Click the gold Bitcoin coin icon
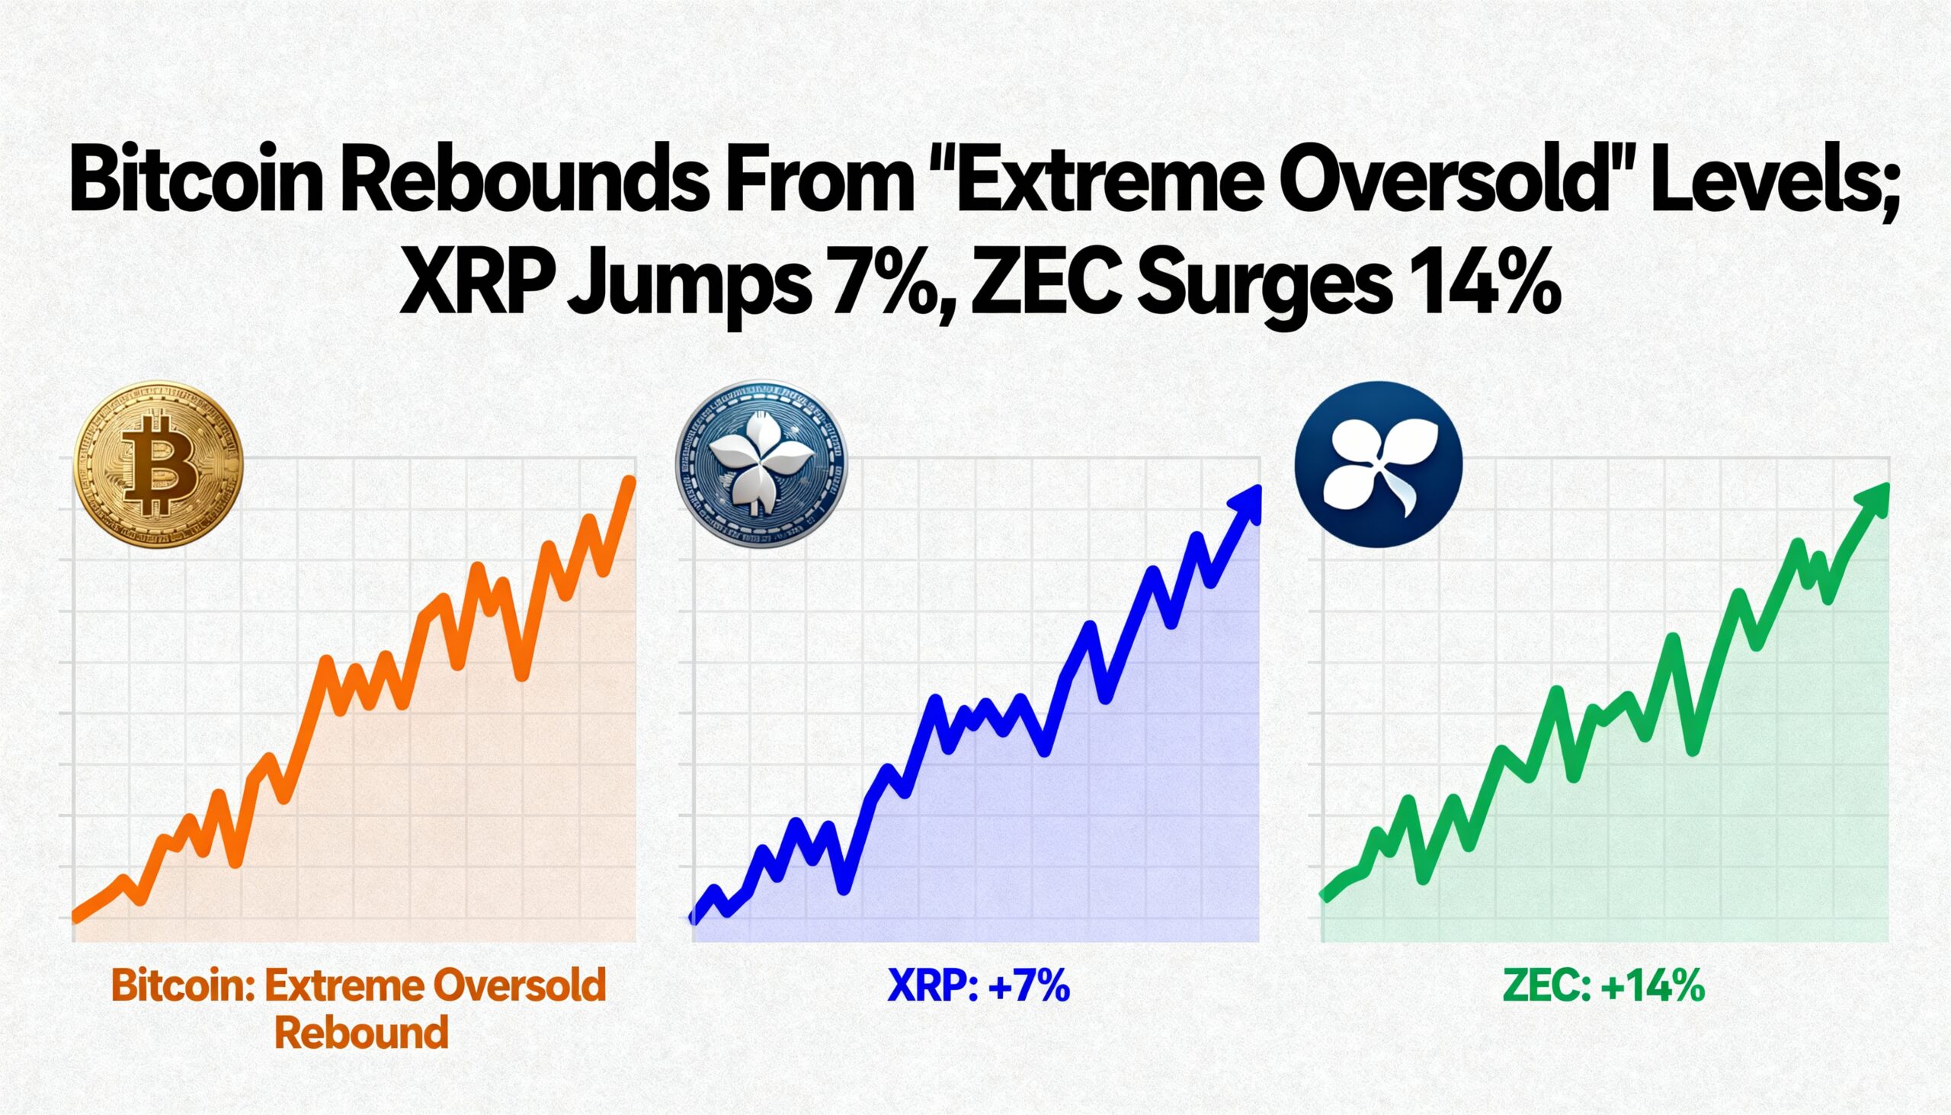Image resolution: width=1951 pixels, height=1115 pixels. [x=158, y=465]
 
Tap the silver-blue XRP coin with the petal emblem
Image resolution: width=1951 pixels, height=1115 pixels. [x=761, y=465]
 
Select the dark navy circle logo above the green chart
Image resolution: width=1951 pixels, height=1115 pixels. [x=1378, y=465]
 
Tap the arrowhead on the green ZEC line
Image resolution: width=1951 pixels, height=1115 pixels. [x=1872, y=501]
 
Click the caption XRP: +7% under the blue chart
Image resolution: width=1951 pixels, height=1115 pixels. [x=979, y=985]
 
